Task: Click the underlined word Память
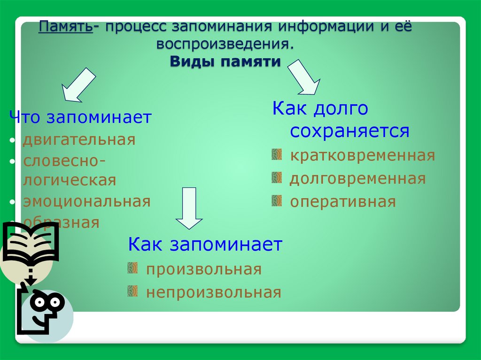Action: tap(65, 27)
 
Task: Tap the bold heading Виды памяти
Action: tap(225, 61)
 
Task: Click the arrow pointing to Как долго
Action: tap(304, 77)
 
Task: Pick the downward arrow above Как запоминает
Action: tap(189, 208)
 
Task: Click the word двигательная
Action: tap(79, 140)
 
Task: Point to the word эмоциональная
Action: tap(87, 202)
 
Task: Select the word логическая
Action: tap(70, 180)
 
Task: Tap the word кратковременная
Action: tap(363, 156)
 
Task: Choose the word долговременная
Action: tap(357, 178)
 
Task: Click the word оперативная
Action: tap(343, 202)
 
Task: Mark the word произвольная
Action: tap(204, 269)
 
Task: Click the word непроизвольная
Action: tap(214, 292)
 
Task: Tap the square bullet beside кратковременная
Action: tap(277, 154)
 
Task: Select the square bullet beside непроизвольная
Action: tap(132, 291)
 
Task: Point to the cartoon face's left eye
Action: tap(39, 302)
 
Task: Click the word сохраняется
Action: tap(349, 131)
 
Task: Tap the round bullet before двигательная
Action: tap(12, 140)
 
